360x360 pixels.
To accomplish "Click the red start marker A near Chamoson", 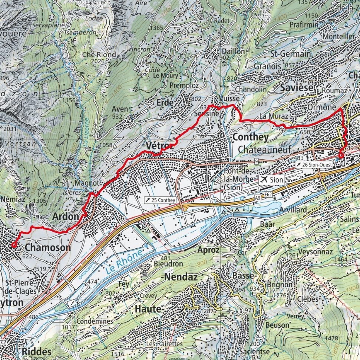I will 14,244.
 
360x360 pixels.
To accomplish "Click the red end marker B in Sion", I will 341,155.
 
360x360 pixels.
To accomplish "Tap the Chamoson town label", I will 48,248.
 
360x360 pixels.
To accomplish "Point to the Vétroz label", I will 159,145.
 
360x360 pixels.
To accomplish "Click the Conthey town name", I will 250,137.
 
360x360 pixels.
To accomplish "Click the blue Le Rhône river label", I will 124,262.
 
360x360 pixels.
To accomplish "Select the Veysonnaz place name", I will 317,252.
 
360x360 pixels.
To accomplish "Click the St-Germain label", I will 290,54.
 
